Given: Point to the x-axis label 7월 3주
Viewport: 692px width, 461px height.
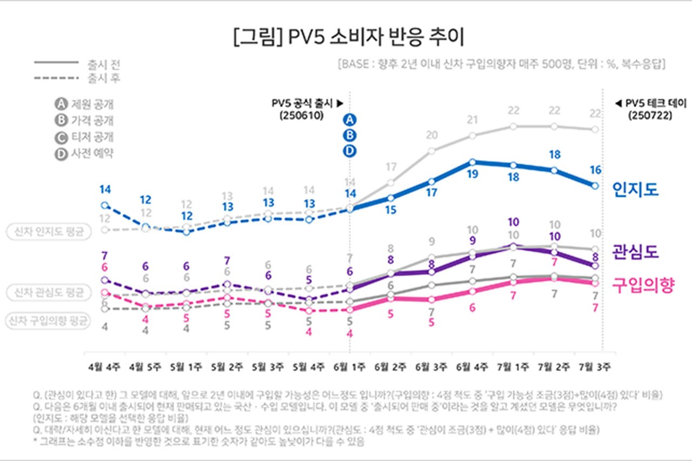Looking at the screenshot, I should point(595,366).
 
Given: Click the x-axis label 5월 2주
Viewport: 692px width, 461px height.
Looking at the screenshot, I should point(228,366).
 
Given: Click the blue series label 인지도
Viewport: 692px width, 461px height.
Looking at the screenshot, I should point(635,189).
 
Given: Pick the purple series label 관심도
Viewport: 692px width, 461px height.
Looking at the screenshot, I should point(635,251).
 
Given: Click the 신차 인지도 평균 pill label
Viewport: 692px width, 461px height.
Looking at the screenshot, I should point(48,231).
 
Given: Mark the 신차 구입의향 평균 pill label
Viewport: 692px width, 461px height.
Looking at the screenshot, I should point(48,321).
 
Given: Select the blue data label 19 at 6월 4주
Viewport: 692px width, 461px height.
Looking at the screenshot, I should point(472,173).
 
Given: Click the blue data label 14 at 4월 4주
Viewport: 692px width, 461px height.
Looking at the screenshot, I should point(105,190).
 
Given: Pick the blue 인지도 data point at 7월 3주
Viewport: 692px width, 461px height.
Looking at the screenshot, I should point(595,185).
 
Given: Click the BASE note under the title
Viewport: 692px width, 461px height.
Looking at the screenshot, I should point(500,64).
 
